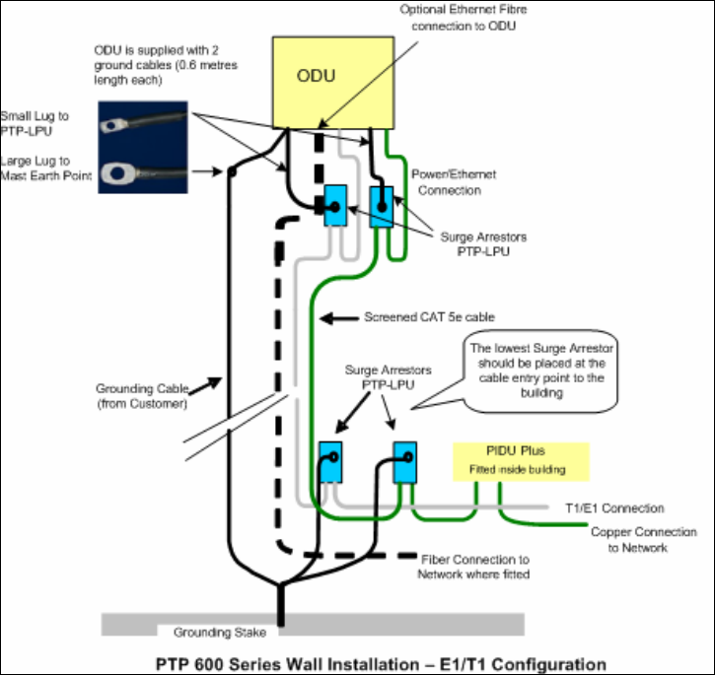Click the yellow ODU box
[333, 83]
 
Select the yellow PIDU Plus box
[521, 462]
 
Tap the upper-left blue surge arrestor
[335, 206]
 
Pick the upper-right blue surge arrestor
[382, 207]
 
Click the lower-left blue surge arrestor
[330, 462]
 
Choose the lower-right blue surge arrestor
[405, 462]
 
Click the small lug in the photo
[114, 125]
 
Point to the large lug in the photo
[118, 173]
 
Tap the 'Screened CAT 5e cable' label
[429, 317]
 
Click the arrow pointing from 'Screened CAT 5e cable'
[339, 318]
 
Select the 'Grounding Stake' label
[220, 633]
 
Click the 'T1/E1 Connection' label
[614, 507]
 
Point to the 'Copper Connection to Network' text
[643, 540]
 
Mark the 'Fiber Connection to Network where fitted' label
[473, 567]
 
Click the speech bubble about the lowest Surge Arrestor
[541, 371]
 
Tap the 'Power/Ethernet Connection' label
[454, 182]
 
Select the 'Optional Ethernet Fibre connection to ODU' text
[464, 18]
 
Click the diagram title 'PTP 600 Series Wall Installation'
[287, 664]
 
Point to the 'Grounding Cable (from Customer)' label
[142, 396]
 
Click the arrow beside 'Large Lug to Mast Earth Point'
[207, 171]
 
